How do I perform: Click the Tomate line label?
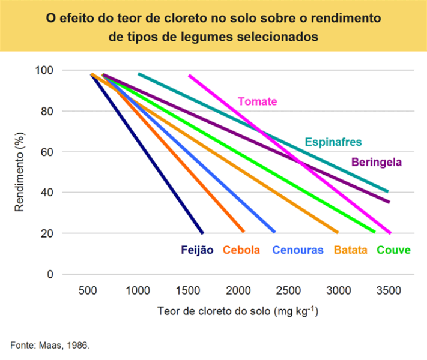(x=257, y=101)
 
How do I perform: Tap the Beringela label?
(x=376, y=162)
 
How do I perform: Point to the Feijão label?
(x=197, y=250)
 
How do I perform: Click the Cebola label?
(x=241, y=250)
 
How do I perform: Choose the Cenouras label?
(x=298, y=250)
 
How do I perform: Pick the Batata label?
(x=350, y=250)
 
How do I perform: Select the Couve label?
(x=393, y=250)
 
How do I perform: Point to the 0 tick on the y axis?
(x=50, y=274)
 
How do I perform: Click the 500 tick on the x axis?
(x=88, y=290)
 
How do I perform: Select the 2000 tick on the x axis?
(x=238, y=290)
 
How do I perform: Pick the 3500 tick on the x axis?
(x=389, y=290)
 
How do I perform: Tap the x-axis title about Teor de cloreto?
(x=238, y=312)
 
